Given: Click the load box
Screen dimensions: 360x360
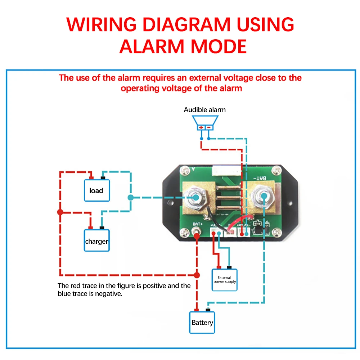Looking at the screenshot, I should (x=96, y=190).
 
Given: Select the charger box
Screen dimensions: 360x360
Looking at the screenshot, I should (x=96, y=241).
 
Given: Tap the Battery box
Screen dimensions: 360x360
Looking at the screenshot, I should (x=202, y=322).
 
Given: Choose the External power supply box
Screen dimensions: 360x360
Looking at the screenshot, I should (x=225, y=280).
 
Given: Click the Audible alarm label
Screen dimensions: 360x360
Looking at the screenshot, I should (x=204, y=110).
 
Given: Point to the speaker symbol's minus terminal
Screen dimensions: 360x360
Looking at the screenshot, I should (x=208, y=127).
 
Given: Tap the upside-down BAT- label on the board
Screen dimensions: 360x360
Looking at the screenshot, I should (x=259, y=178).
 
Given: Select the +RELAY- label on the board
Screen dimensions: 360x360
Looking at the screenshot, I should (x=244, y=226).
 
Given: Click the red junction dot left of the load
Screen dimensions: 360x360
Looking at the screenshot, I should (x=60, y=212).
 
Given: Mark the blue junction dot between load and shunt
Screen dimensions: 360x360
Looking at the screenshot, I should (x=130, y=197).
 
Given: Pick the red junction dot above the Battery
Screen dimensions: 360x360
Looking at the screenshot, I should (x=197, y=275).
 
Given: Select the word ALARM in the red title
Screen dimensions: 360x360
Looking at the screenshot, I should (x=155, y=46).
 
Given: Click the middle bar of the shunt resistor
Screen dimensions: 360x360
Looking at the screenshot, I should (x=223, y=197).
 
